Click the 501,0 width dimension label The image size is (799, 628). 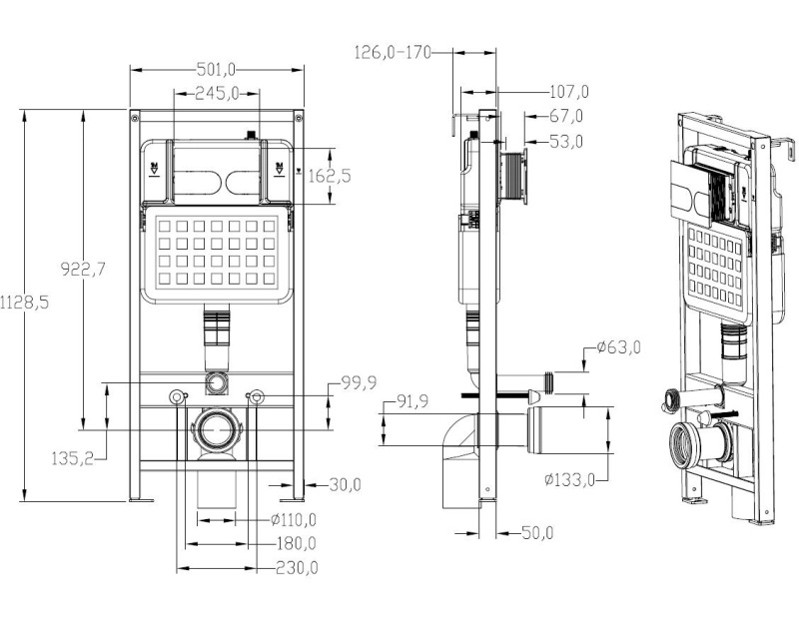point(217,69)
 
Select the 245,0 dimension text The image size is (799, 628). point(217,94)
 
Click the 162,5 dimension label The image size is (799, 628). point(332,176)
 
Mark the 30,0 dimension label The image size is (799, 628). point(345,485)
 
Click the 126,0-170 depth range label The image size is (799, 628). point(393,53)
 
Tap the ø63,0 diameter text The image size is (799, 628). point(618,347)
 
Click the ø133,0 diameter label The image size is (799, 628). point(570,479)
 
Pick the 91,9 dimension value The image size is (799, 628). point(409,401)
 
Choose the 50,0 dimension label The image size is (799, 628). point(535,533)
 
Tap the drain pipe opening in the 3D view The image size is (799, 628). point(688,441)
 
